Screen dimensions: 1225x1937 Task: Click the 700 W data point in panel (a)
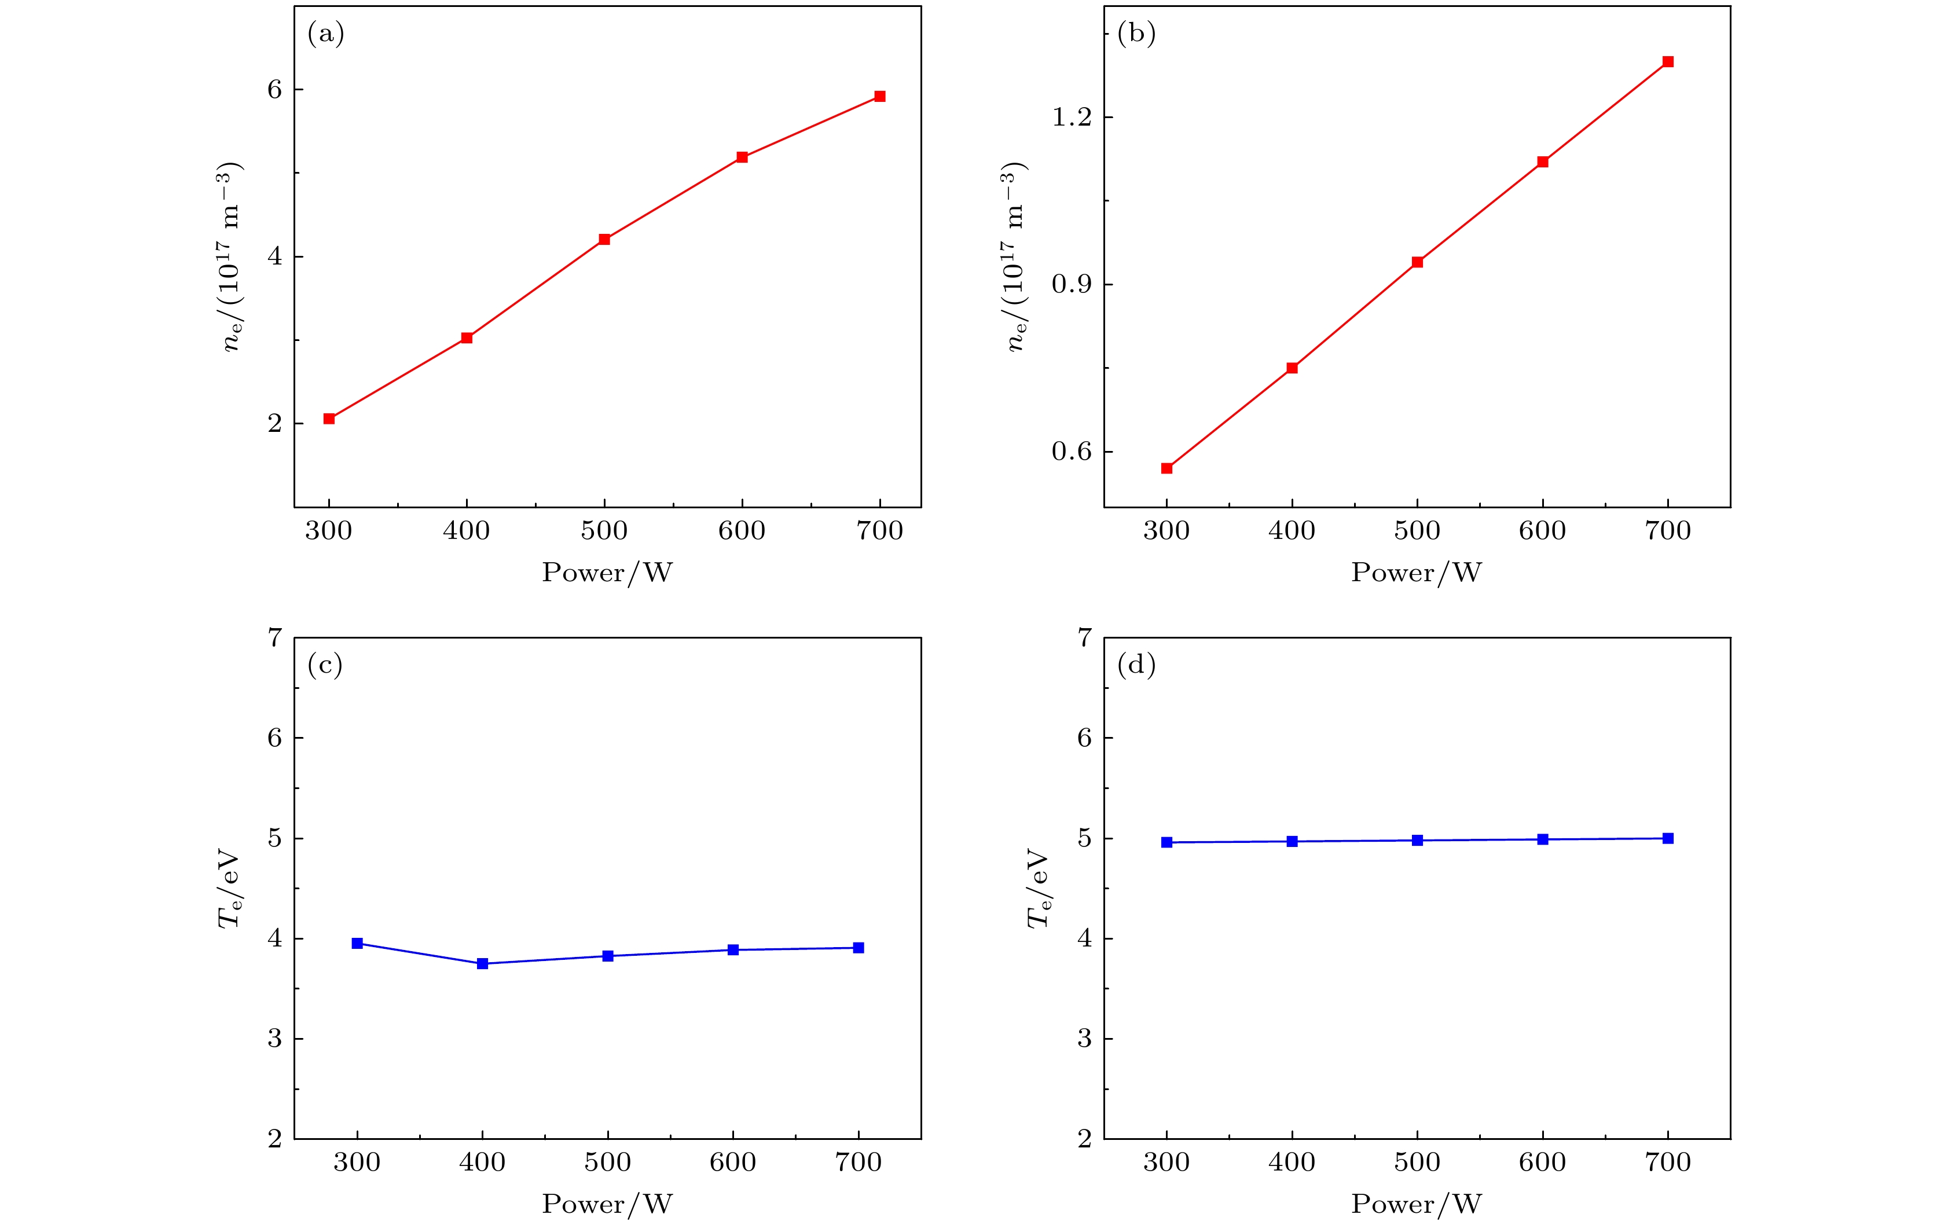(879, 97)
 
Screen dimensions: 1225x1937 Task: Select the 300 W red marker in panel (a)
(329, 418)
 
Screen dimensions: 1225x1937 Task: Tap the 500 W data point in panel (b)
(1417, 262)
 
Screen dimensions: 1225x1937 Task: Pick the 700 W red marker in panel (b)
(1668, 62)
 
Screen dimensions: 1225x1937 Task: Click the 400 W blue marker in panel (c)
(483, 963)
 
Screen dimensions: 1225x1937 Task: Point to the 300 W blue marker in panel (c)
(357, 944)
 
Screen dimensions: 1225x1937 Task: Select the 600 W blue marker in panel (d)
(1543, 839)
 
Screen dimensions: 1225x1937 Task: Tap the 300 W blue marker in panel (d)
(1166, 842)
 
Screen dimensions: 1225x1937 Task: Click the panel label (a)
(326, 34)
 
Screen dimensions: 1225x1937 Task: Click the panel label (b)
(1136, 34)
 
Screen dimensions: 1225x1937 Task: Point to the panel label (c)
(325, 665)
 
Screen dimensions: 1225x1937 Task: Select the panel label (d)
(1136, 665)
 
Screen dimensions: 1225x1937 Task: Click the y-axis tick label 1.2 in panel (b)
(1072, 118)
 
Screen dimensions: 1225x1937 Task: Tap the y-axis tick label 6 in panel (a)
(275, 89)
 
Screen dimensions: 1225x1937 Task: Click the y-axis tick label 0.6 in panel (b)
(1072, 452)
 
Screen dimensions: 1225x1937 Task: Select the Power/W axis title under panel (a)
(607, 573)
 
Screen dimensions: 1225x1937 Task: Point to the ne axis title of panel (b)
(1015, 258)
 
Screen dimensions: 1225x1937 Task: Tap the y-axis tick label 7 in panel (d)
(1085, 638)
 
